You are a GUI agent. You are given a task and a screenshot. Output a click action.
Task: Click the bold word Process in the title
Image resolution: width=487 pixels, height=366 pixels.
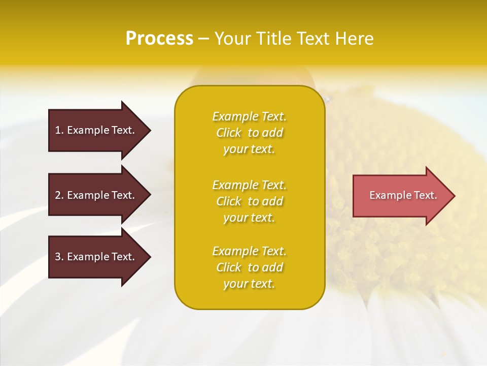(x=159, y=39)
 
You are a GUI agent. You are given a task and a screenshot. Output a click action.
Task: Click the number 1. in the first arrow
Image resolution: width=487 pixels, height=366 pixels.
(x=59, y=130)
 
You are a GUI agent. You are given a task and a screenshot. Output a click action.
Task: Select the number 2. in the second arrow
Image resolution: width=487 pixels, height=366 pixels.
(x=59, y=195)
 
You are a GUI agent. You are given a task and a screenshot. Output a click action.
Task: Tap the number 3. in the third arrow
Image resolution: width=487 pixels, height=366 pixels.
(x=59, y=257)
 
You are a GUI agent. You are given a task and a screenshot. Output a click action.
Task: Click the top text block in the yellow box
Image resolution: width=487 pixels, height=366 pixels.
(x=249, y=133)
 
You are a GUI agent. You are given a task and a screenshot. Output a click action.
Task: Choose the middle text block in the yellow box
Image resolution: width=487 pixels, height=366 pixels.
(x=249, y=201)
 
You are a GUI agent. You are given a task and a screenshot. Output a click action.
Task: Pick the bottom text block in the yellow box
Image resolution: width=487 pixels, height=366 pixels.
(x=249, y=267)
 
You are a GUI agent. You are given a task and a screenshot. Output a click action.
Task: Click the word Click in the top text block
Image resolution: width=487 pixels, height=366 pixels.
(x=228, y=133)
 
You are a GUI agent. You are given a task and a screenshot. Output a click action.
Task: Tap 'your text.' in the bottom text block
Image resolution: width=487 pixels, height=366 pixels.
(x=249, y=284)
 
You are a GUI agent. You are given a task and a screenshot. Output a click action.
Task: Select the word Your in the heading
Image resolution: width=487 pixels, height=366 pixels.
(x=232, y=39)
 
